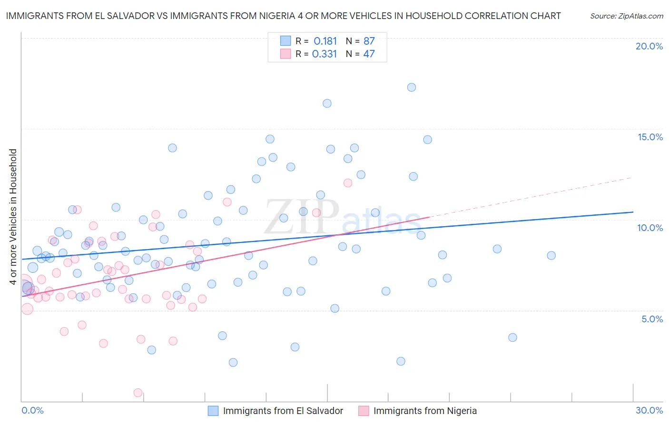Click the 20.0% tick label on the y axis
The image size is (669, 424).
[649, 46]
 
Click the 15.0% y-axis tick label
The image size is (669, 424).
[650, 137]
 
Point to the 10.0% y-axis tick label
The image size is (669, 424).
[650, 228]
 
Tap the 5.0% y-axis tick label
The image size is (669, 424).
[652, 319]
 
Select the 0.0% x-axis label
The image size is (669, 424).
[32, 410]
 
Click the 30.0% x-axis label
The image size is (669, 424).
[649, 410]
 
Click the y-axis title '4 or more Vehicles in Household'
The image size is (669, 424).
[13, 217]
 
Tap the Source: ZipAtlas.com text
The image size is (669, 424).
[626, 16]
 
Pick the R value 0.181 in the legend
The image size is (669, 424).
[325, 41]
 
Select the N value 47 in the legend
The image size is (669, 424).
[369, 54]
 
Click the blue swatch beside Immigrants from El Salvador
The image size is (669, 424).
[213, 411]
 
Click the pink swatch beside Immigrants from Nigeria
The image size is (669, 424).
[364, 411]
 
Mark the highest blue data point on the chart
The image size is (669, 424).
[412, 87]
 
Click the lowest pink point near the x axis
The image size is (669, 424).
[138, 393]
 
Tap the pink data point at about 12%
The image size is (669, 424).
[348, 183]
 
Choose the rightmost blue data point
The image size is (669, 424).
[551, 255]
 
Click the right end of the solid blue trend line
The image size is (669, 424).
[633, 212]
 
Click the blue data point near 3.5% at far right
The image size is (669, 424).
[512, 337]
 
